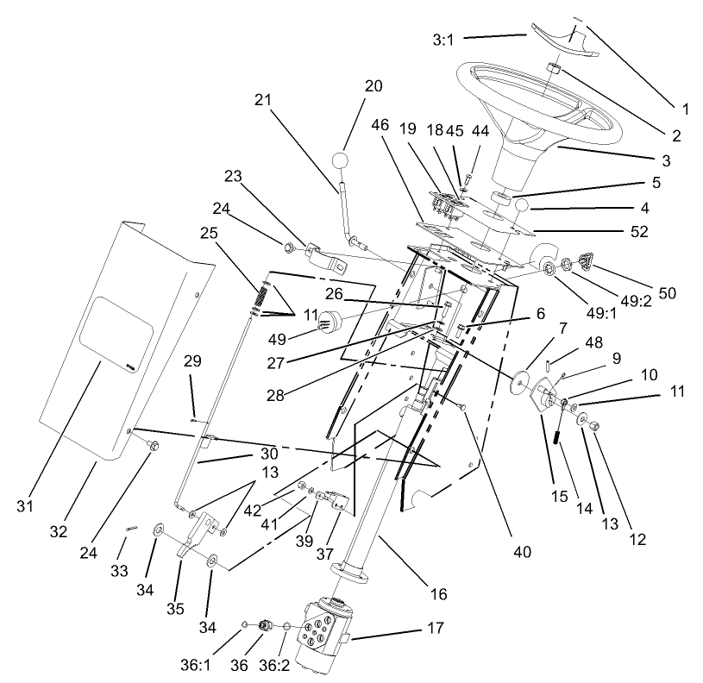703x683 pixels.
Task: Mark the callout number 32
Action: click(58, 531)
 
